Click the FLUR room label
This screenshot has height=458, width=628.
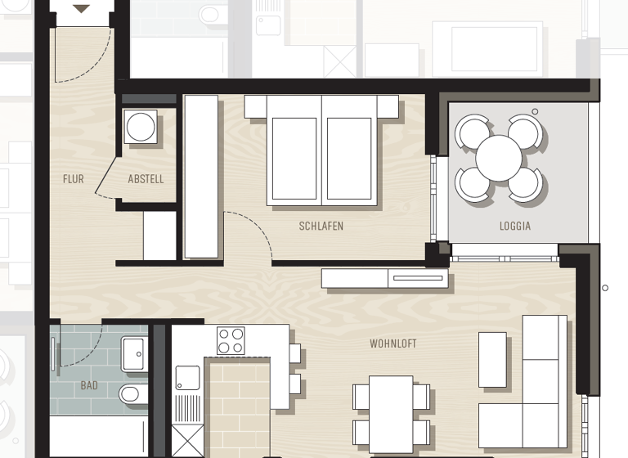click(x=73, y=179)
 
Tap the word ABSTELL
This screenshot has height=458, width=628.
click(x=146, y=179)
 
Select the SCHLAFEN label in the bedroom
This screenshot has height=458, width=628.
click(x=321, y=226)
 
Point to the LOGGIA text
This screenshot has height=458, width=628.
click(x=514, y=226)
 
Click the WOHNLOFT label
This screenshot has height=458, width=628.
click(x=392, y=343)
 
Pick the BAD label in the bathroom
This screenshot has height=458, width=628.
click(x=88, y=384)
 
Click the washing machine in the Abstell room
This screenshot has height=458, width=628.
click(x=141, y=128)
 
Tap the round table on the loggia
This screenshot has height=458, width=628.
click(x=499, y=159)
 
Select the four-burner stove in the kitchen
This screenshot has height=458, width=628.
click(x=231, y=340)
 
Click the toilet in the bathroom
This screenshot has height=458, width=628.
click(x=131, y=394)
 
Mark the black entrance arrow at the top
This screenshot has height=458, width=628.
click(x=82, y=9)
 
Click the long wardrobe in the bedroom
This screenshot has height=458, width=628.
click(x=201, y=177)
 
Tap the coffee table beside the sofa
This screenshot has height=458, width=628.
click(x=492, y=359)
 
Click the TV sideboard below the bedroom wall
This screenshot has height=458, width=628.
click(x=384, y=279)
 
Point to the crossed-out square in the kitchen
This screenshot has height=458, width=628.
click(x=187, y=442)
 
